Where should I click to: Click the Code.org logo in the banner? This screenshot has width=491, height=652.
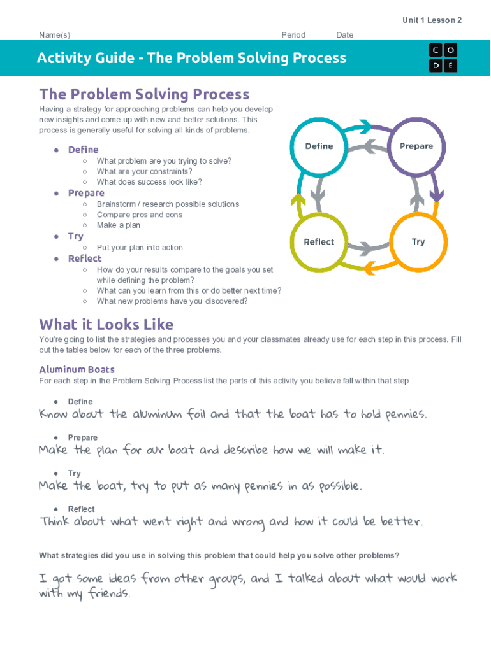tap(443, 57)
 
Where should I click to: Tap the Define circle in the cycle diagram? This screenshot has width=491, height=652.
tap(319, 146)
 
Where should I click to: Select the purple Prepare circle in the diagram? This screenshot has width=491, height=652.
tap(416, 146)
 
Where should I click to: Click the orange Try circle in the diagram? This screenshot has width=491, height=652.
tap(418, 242)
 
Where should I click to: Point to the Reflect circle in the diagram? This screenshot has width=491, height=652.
tap(319, 242)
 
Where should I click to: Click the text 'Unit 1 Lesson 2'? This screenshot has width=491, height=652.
tap(432, 20)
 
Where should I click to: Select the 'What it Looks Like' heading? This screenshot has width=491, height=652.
tap(106, 324)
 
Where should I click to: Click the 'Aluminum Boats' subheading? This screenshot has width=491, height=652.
tap(77, 369)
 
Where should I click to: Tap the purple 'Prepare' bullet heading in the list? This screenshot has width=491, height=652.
tap(86, 193)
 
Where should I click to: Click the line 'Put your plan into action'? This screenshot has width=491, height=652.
tap(140, 248)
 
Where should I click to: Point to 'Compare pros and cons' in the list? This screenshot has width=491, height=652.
tap(140, 215)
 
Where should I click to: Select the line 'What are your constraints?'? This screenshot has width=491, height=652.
tap(144, 171)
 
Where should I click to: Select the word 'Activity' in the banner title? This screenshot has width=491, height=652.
tap(63, 58)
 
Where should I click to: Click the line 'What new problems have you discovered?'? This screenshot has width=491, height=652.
tap(172, 301)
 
